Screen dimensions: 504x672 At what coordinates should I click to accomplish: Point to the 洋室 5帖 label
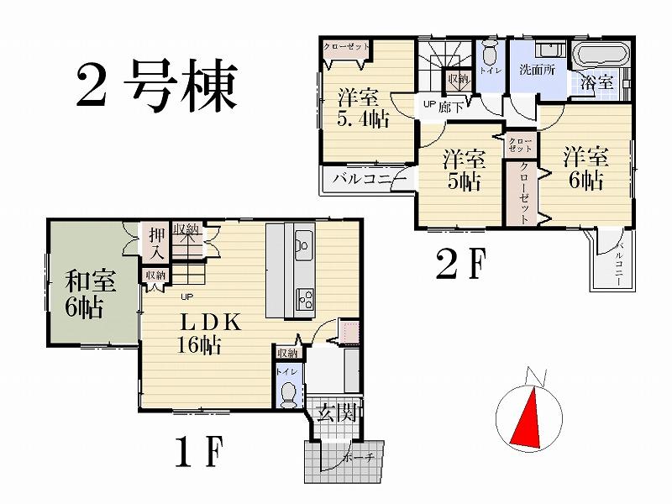(463, 169)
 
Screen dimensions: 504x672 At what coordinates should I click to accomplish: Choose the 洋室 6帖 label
(585, 168)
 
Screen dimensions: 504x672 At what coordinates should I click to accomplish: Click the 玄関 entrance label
(339, 412)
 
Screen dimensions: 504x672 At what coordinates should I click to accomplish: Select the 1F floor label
(200, 455)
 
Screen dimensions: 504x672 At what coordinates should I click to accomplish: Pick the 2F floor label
(460, 266)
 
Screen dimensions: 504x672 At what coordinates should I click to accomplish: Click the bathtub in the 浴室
(600, 58)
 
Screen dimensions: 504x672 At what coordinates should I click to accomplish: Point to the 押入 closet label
(155, 242)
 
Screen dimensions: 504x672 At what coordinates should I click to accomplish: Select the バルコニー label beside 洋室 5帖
(368, 178)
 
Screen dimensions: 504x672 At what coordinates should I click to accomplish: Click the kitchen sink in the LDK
(303, 247)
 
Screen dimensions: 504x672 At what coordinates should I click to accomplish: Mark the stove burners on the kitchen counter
(302, 297)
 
